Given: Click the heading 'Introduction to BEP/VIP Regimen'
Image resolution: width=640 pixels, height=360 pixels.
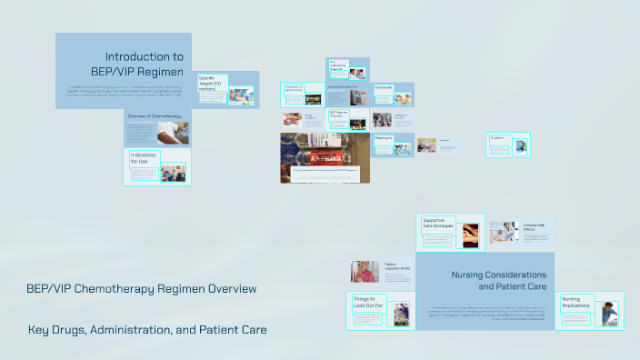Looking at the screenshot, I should click(137, 64).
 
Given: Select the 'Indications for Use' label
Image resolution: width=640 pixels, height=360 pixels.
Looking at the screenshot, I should click(144, 158).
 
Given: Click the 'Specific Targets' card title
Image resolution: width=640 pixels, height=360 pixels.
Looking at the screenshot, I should click(212, 83).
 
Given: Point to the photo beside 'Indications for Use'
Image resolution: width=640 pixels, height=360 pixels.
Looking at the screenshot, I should click(172, 171).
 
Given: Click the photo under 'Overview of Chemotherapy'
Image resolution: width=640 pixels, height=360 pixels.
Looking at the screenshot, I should click(172, 135).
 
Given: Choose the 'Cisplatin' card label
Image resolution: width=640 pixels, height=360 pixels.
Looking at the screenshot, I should click(497, 138).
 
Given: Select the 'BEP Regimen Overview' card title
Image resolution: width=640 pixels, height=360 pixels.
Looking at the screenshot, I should click(337, 115).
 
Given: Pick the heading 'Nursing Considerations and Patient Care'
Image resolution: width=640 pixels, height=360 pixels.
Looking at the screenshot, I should click(498, 280).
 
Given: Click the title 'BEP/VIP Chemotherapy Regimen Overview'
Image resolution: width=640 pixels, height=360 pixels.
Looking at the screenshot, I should click(141, 289).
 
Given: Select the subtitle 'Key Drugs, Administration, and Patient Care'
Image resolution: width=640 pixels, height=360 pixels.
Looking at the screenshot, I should click(147, 329).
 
